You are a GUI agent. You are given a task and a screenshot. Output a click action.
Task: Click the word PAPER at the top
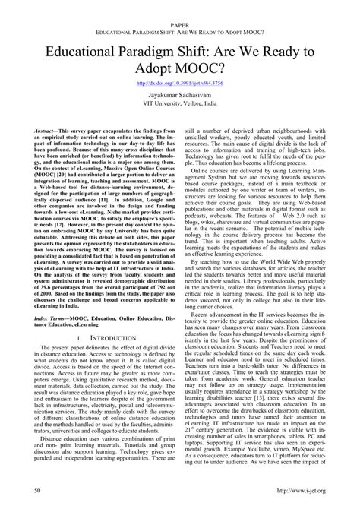click(179, 5)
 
